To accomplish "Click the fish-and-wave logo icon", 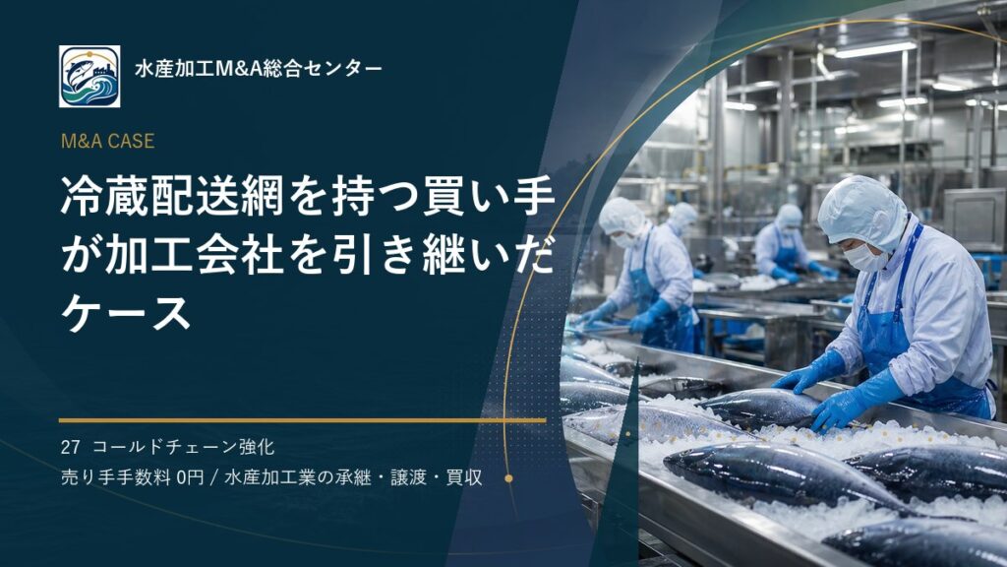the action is point(89,77).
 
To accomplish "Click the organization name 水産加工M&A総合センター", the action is point(259,69).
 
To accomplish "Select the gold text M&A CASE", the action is point(107,142).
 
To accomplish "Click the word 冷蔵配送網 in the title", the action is point(172,196).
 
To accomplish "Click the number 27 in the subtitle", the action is point(70,447).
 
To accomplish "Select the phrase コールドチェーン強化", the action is point(184,447).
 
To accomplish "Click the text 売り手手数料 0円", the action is point(133,477).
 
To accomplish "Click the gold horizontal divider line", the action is point(303,420).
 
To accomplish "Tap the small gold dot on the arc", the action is point(508,478).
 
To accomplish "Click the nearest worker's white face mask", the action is point(864,258).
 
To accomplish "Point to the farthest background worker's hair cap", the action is point(790,216).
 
